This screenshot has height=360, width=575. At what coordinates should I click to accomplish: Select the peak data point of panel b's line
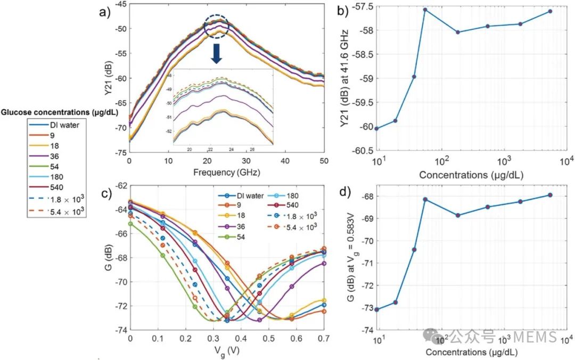point(425,10)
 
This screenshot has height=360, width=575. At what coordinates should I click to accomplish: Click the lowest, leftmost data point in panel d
point(377,309)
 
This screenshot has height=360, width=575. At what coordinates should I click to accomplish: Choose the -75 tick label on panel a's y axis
point(118,152)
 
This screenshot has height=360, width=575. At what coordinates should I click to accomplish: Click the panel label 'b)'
point(355,10)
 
